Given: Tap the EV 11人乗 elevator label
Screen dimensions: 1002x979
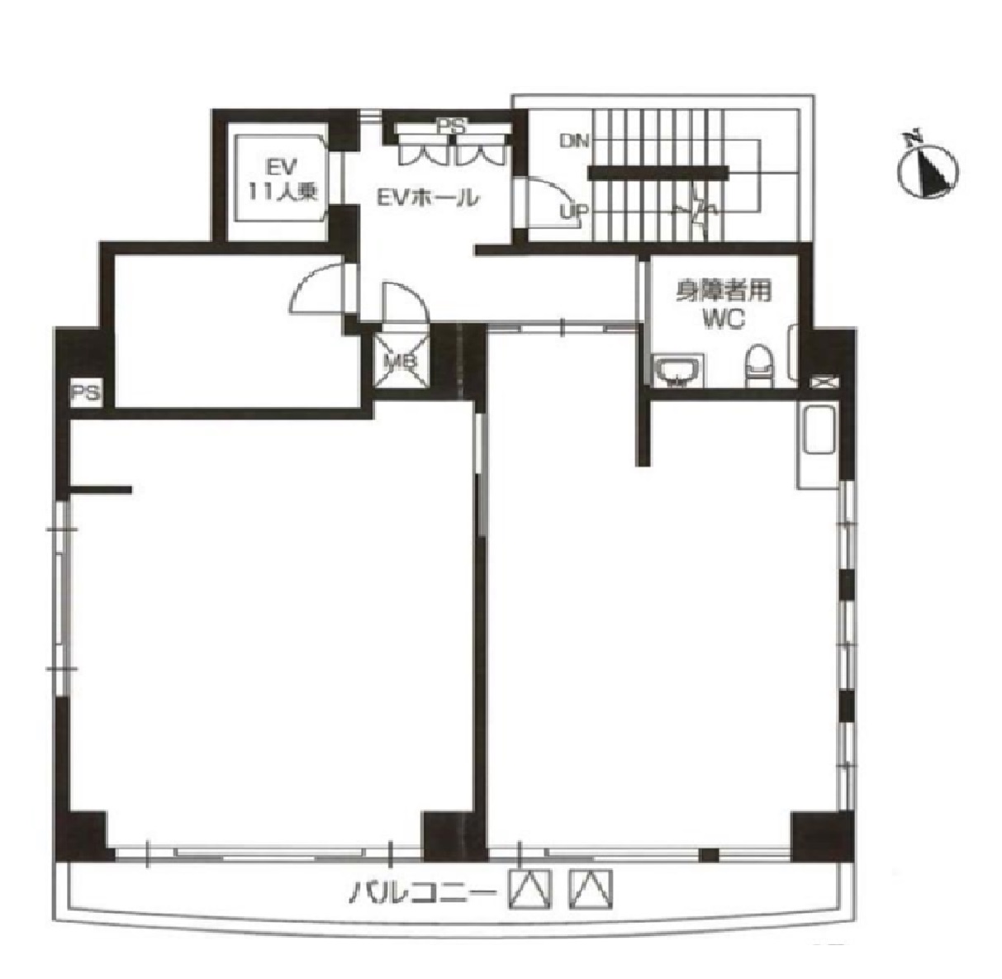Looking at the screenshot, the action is click(x=283, y=180).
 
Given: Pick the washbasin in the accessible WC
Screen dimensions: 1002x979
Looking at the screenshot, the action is click(x=677, y=370).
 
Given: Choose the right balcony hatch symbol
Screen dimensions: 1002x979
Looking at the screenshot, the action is click(x=591, y=889).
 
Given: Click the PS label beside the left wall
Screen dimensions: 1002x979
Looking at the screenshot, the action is click(x=85, y=394).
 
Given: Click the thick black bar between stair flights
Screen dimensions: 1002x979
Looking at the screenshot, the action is click(x=658, y=173).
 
